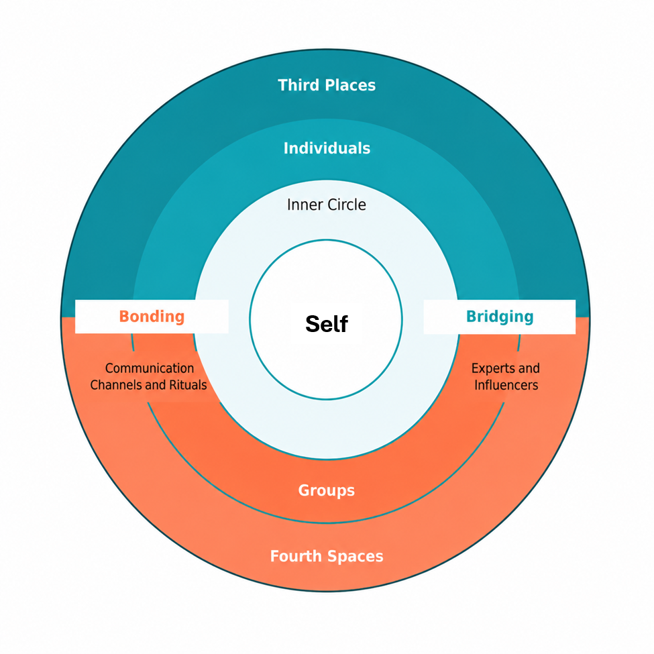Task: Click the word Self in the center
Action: pos(327,324)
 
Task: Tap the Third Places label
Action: pos(327,85)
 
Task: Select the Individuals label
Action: pos(327,148)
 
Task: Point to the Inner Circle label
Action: pos(327,205)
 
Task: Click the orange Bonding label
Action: pos(152,317)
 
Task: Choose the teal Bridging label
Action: pos(500,317)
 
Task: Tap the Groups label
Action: pos(327,490)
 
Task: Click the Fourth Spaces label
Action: pos(327,556)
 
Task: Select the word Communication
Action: pos(150,368)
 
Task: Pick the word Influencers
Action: pos(506,384)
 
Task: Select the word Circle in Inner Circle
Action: pos(347,205)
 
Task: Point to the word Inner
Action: pos(305,205)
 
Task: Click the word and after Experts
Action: pos(529,368)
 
